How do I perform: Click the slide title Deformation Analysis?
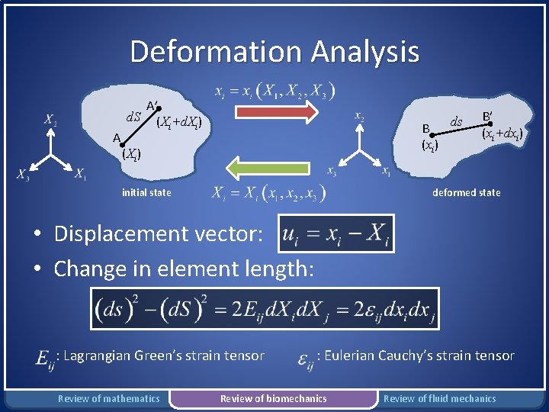(274, 52)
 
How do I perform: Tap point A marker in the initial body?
(122, 142)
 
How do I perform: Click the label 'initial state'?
(146, 193)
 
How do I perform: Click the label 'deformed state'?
(467, 192)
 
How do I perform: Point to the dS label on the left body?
(133, 117)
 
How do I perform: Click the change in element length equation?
(265, 310)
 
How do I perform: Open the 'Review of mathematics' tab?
(109, 398)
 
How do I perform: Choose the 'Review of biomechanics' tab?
(273, 398)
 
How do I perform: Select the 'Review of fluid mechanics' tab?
(439, 398)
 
